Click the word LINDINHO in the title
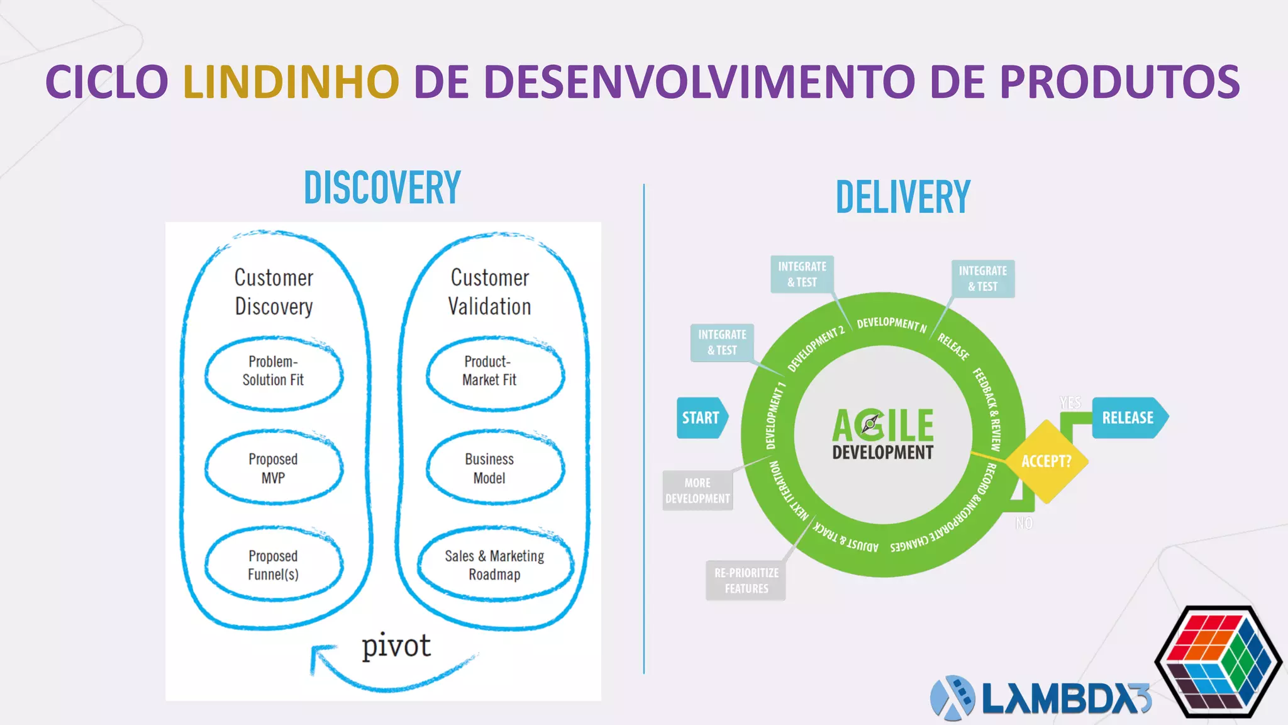tap(291, 82)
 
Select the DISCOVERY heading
tap(382, 188)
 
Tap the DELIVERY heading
tap(903, 197)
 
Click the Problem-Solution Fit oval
tap(274, 372)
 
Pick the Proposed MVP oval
tap(274, 468)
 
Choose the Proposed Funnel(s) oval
tap(274, 565)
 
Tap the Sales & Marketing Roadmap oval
tap(495, 565)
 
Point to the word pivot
tap(396, 646)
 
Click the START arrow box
tap(701, 418)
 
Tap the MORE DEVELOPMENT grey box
tap(697, 491)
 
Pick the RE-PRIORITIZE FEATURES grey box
tap(746, 580)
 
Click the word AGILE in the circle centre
tap(883, 425)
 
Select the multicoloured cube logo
tap(1218, 661)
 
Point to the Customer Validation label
tap(490, 292)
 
